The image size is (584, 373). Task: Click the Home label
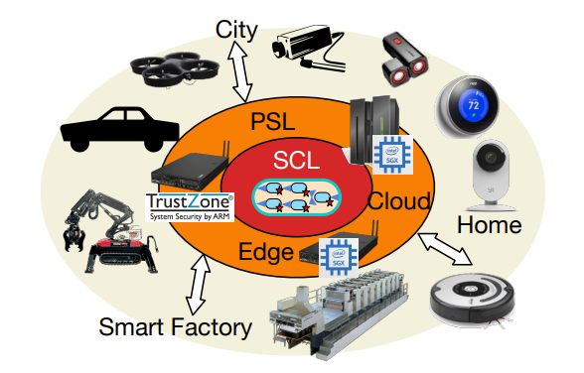pyautogui.click(x=489, y=225)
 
